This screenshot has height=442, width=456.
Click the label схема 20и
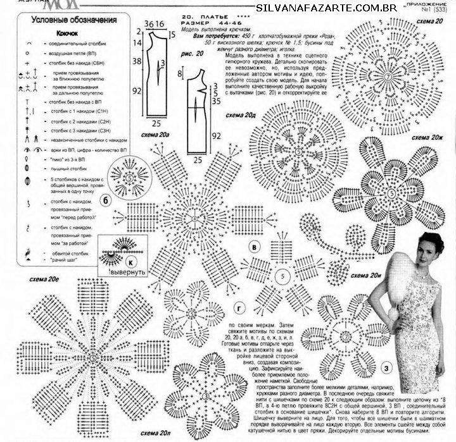click(365, 276)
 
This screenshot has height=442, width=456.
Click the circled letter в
click(254, 248)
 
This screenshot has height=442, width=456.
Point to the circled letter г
click(239, 308)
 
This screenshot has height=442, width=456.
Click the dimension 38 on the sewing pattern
click(137, 63)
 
